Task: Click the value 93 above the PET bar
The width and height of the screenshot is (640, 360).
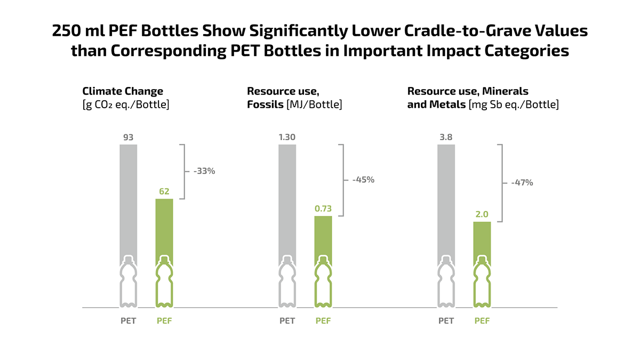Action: [x=128, y=137]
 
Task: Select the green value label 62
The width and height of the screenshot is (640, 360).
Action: [x=164, y=191]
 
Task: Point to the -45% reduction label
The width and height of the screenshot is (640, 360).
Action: [x=363, y=180]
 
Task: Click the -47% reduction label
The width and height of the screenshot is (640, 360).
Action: [x=522, y=182]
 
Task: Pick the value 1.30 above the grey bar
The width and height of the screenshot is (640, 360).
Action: [x=287, y=137]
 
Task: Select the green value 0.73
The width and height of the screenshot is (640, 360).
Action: [x=323, y=209]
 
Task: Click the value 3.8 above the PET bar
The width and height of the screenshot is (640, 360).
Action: [x=446, y=137]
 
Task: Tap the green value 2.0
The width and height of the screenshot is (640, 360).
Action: [x=482, y=214]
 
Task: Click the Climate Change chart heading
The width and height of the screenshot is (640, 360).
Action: [x=123, y=91]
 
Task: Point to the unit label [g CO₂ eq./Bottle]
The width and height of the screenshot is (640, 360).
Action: [x=125, y=105]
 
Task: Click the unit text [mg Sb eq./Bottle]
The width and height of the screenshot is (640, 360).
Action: [x=514, y=105]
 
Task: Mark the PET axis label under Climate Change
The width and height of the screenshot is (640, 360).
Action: [x=128, y=321]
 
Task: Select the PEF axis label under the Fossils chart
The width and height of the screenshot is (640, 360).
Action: [x=323, y=321]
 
